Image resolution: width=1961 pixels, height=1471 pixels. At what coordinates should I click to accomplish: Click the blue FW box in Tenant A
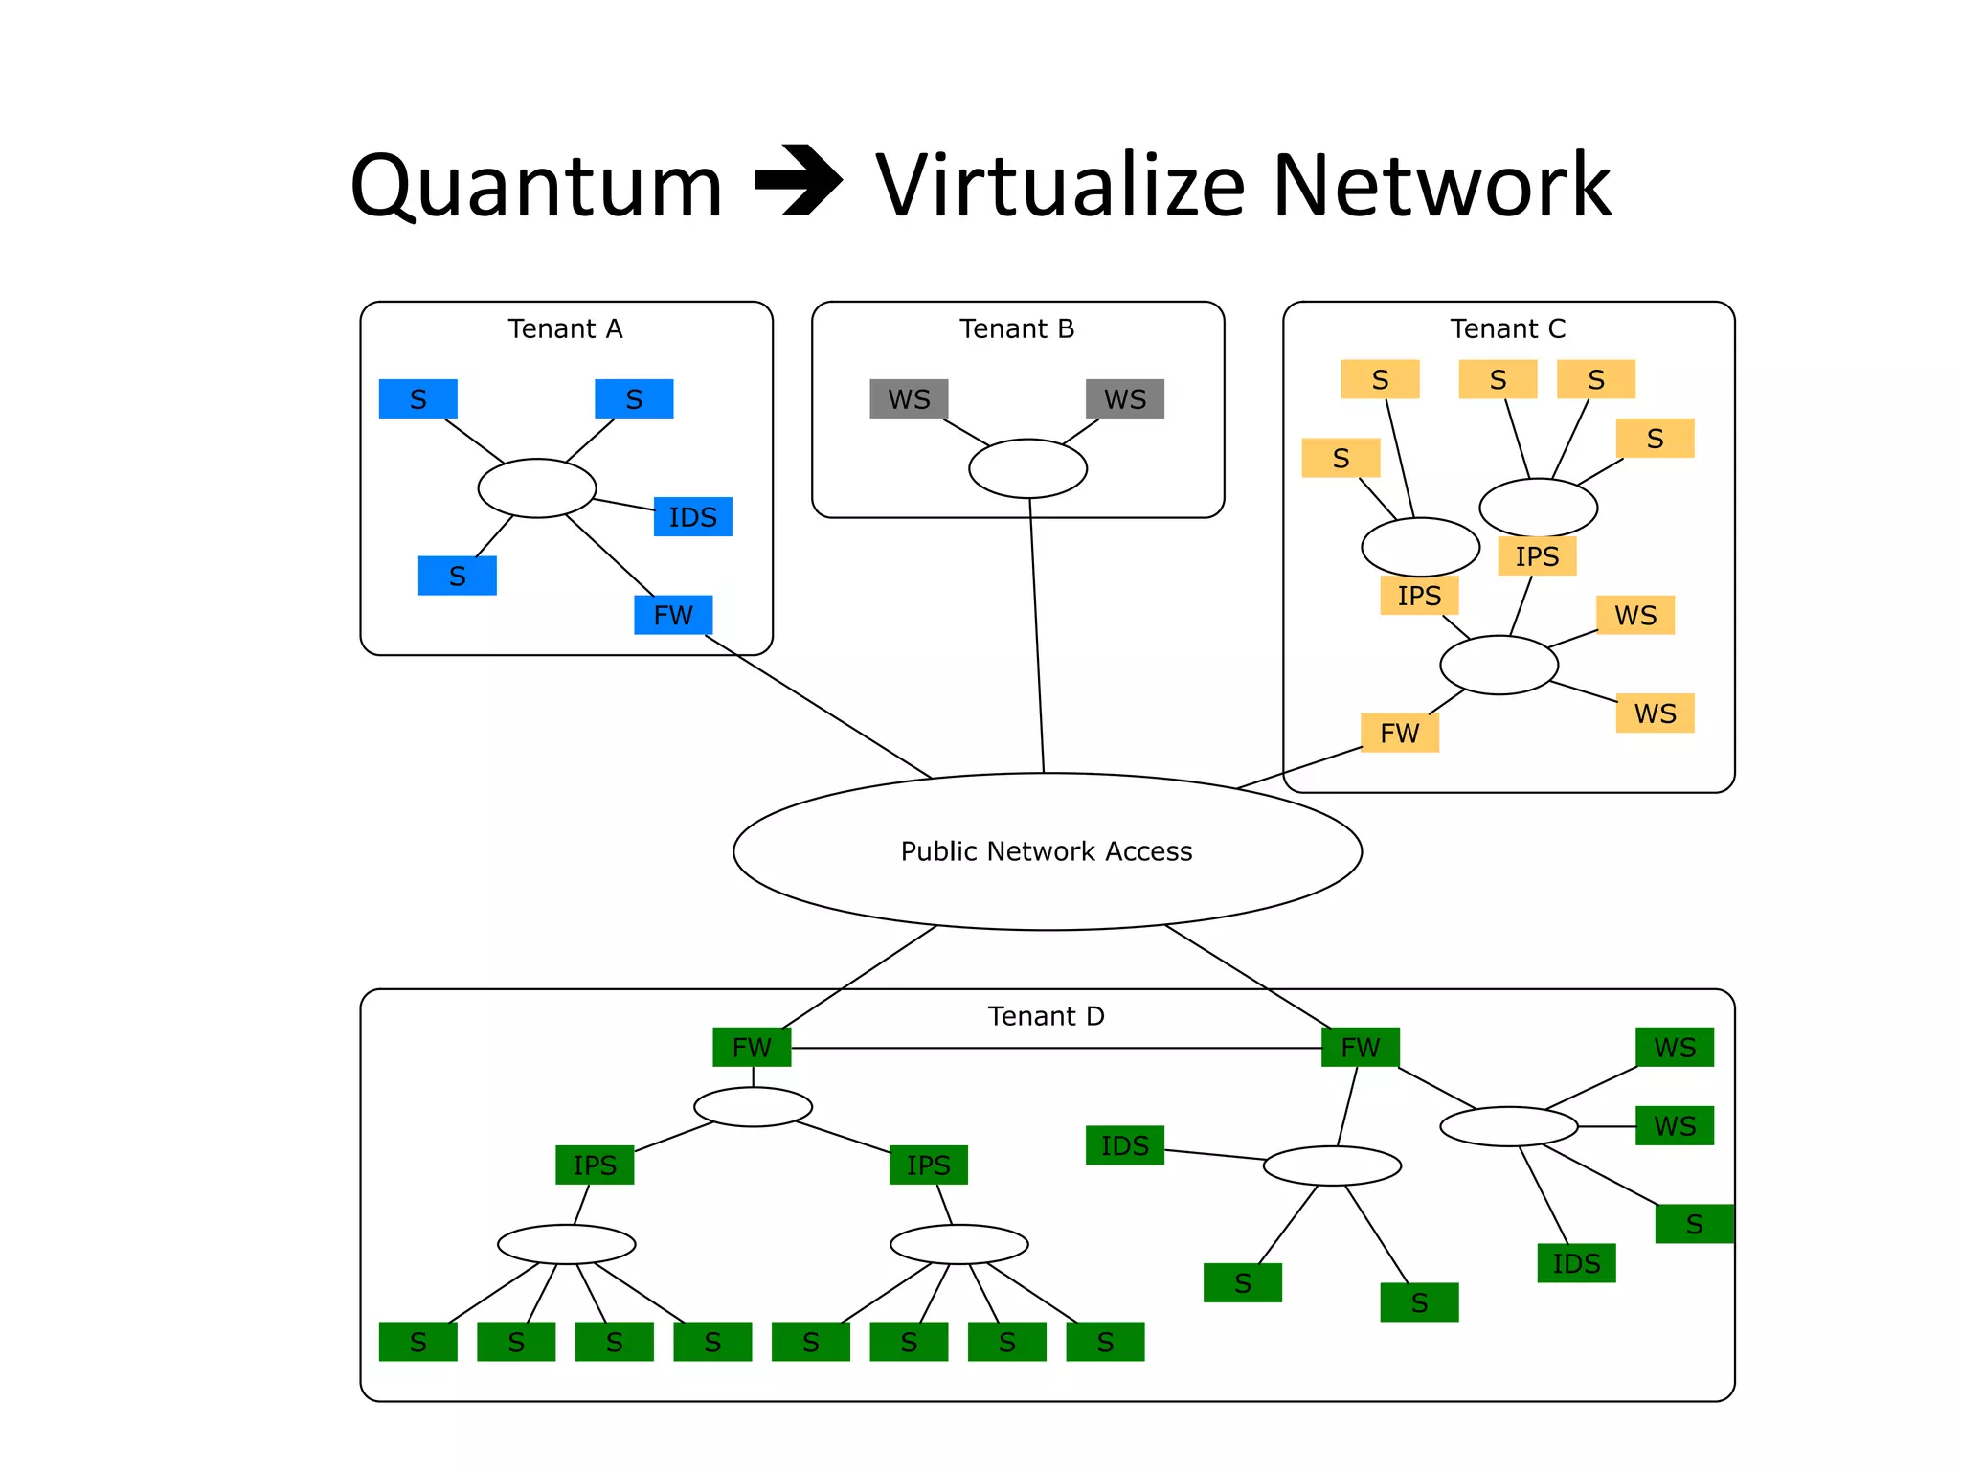coord(673,615)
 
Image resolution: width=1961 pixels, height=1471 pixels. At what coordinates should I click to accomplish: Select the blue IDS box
coord(692,517)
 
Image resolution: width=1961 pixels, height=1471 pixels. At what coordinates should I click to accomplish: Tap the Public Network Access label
coord(1046,851)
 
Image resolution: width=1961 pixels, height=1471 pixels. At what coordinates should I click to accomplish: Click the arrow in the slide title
coord(799,181)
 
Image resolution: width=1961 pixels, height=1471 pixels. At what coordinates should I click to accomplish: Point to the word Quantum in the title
coord(536,187)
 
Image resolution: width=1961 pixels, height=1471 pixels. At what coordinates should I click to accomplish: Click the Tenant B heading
coord(1017,329)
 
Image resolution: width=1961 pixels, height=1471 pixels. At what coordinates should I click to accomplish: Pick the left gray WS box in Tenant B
coord(909,399)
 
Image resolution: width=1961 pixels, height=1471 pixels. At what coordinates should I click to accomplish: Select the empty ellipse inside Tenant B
coord(1027,468)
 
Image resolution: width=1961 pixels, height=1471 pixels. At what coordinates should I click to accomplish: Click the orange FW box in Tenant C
coord(1399,734)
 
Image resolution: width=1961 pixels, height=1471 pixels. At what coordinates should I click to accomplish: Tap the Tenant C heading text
coord(1507,329)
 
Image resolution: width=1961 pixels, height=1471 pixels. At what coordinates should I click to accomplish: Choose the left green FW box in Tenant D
coord(752,1048)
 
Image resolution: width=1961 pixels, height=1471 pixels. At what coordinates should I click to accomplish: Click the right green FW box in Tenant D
coord(1360,1048)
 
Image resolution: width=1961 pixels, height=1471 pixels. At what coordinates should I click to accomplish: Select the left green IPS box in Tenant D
coord(595,1165)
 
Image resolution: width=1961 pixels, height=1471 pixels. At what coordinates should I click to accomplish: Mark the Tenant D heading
coord(1046,1016)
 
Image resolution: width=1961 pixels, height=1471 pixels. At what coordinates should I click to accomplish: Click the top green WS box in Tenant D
coord(1675,1048)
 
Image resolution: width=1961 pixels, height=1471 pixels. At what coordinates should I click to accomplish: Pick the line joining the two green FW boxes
coord(1053,1049)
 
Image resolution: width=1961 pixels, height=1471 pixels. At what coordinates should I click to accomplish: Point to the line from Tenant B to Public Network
coord(1037,642)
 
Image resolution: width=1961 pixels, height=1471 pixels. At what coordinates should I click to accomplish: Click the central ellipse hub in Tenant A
coord(536,488)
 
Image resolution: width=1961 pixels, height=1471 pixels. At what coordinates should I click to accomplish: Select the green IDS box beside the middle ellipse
coord(1124,1145)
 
